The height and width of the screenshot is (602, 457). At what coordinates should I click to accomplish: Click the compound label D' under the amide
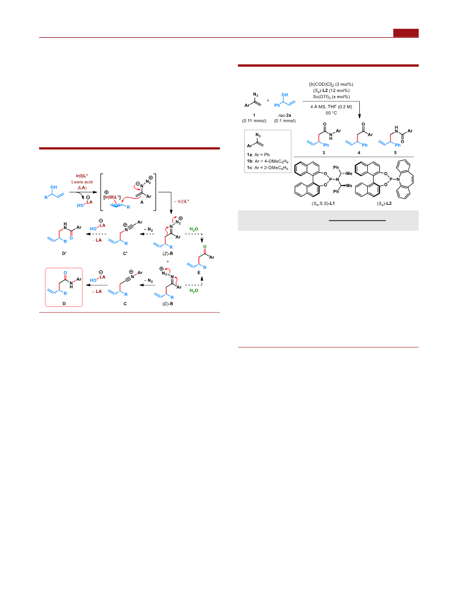(x=64, y=253)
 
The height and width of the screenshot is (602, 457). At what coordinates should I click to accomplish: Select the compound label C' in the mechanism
(x=125, y=253)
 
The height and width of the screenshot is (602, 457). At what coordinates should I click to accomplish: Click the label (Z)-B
(x=168, y=253)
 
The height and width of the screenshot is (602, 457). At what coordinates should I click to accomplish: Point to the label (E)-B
(x=168, y=304)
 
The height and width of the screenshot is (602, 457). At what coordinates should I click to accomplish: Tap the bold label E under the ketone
(x=199, y=273)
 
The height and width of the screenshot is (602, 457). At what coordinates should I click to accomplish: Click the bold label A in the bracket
(x=141, y=202)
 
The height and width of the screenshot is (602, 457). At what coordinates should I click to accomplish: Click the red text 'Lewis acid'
(x=82, y=182)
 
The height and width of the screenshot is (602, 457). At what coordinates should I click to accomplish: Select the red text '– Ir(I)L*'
(x=181, y=201)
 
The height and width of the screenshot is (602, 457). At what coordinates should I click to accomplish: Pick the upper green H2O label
(x=194, y=229)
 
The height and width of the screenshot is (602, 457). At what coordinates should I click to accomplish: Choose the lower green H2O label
(x=194, y=291)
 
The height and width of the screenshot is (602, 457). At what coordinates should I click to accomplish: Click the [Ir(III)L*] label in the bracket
(x=112, y=197)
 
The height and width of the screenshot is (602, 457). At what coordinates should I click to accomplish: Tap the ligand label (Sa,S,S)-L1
(x=323, y=203)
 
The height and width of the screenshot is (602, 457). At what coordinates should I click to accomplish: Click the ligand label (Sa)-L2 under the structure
(x=384, y=203)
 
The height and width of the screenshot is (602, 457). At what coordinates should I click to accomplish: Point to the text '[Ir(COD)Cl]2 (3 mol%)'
(x=332, y=84)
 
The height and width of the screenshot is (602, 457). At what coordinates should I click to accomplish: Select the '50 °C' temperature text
(x=332, y=113)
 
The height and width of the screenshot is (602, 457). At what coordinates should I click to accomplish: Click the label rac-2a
(x=284, y=115)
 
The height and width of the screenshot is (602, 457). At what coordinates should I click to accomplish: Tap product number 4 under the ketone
(x=359, y=152)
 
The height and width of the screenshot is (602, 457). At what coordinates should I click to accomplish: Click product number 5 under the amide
(x=395, y=152)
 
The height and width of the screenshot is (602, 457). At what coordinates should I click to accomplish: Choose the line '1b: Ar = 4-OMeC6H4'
(x=268, y=161)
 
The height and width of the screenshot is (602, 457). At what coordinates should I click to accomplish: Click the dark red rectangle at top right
(x=406, y=33)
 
